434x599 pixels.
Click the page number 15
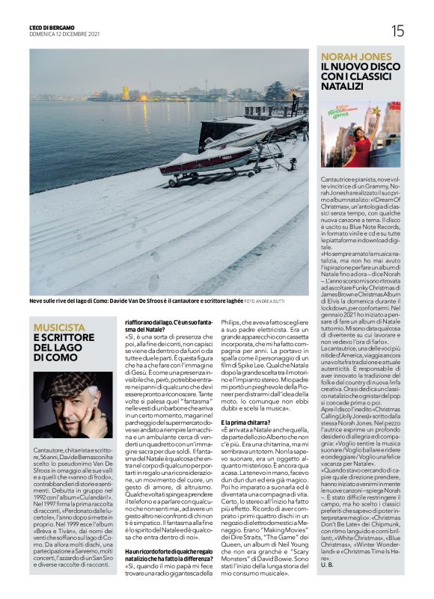(397, 31)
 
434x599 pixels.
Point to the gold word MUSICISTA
(59, 328)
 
